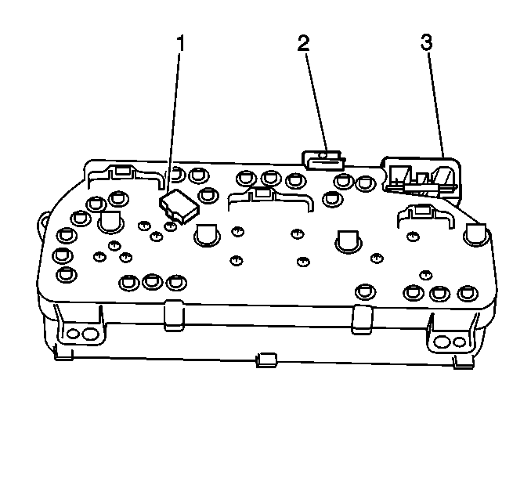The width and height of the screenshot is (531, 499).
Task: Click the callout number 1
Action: [181, 43]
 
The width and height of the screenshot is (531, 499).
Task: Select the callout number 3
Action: [427, 42]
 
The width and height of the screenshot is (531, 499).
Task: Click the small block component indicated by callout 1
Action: [179, 206]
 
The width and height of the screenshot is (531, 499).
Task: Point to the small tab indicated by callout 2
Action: [323, 161]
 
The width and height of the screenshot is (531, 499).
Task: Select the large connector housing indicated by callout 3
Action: [421, 178]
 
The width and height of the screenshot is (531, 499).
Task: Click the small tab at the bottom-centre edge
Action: [266, 360]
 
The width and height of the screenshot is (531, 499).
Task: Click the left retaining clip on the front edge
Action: [174, 315]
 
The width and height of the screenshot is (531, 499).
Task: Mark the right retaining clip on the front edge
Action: [362, 320]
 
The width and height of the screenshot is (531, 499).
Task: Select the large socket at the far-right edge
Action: [476, 234]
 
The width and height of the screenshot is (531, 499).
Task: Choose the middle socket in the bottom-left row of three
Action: [153, 281]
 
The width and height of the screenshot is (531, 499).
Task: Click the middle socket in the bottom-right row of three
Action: [439, 293]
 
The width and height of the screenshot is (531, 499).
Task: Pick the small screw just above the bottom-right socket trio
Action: [425, 275]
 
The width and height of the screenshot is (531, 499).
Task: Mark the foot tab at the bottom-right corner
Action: [463, 362]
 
